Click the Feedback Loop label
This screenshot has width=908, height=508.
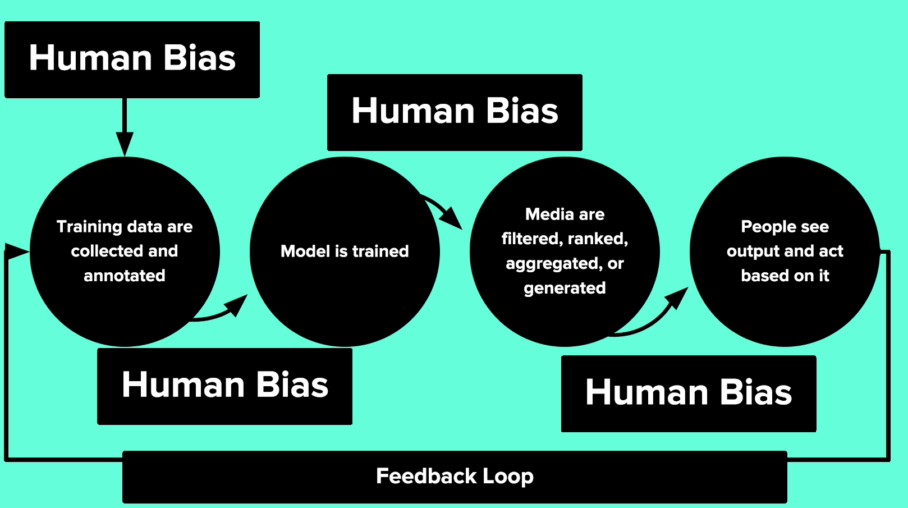455,477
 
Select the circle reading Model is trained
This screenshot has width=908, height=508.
345,251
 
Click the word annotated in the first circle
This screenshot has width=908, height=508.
125,276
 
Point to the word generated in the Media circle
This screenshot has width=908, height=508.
565,288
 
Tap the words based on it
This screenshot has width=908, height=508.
785,276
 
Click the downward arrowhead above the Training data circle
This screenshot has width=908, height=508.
125,143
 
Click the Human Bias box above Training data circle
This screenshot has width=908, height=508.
132,60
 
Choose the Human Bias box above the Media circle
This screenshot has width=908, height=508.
455,112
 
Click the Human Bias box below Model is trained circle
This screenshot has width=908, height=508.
224,386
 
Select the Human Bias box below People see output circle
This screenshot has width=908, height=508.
689,393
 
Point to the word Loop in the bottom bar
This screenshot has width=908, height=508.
508,477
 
